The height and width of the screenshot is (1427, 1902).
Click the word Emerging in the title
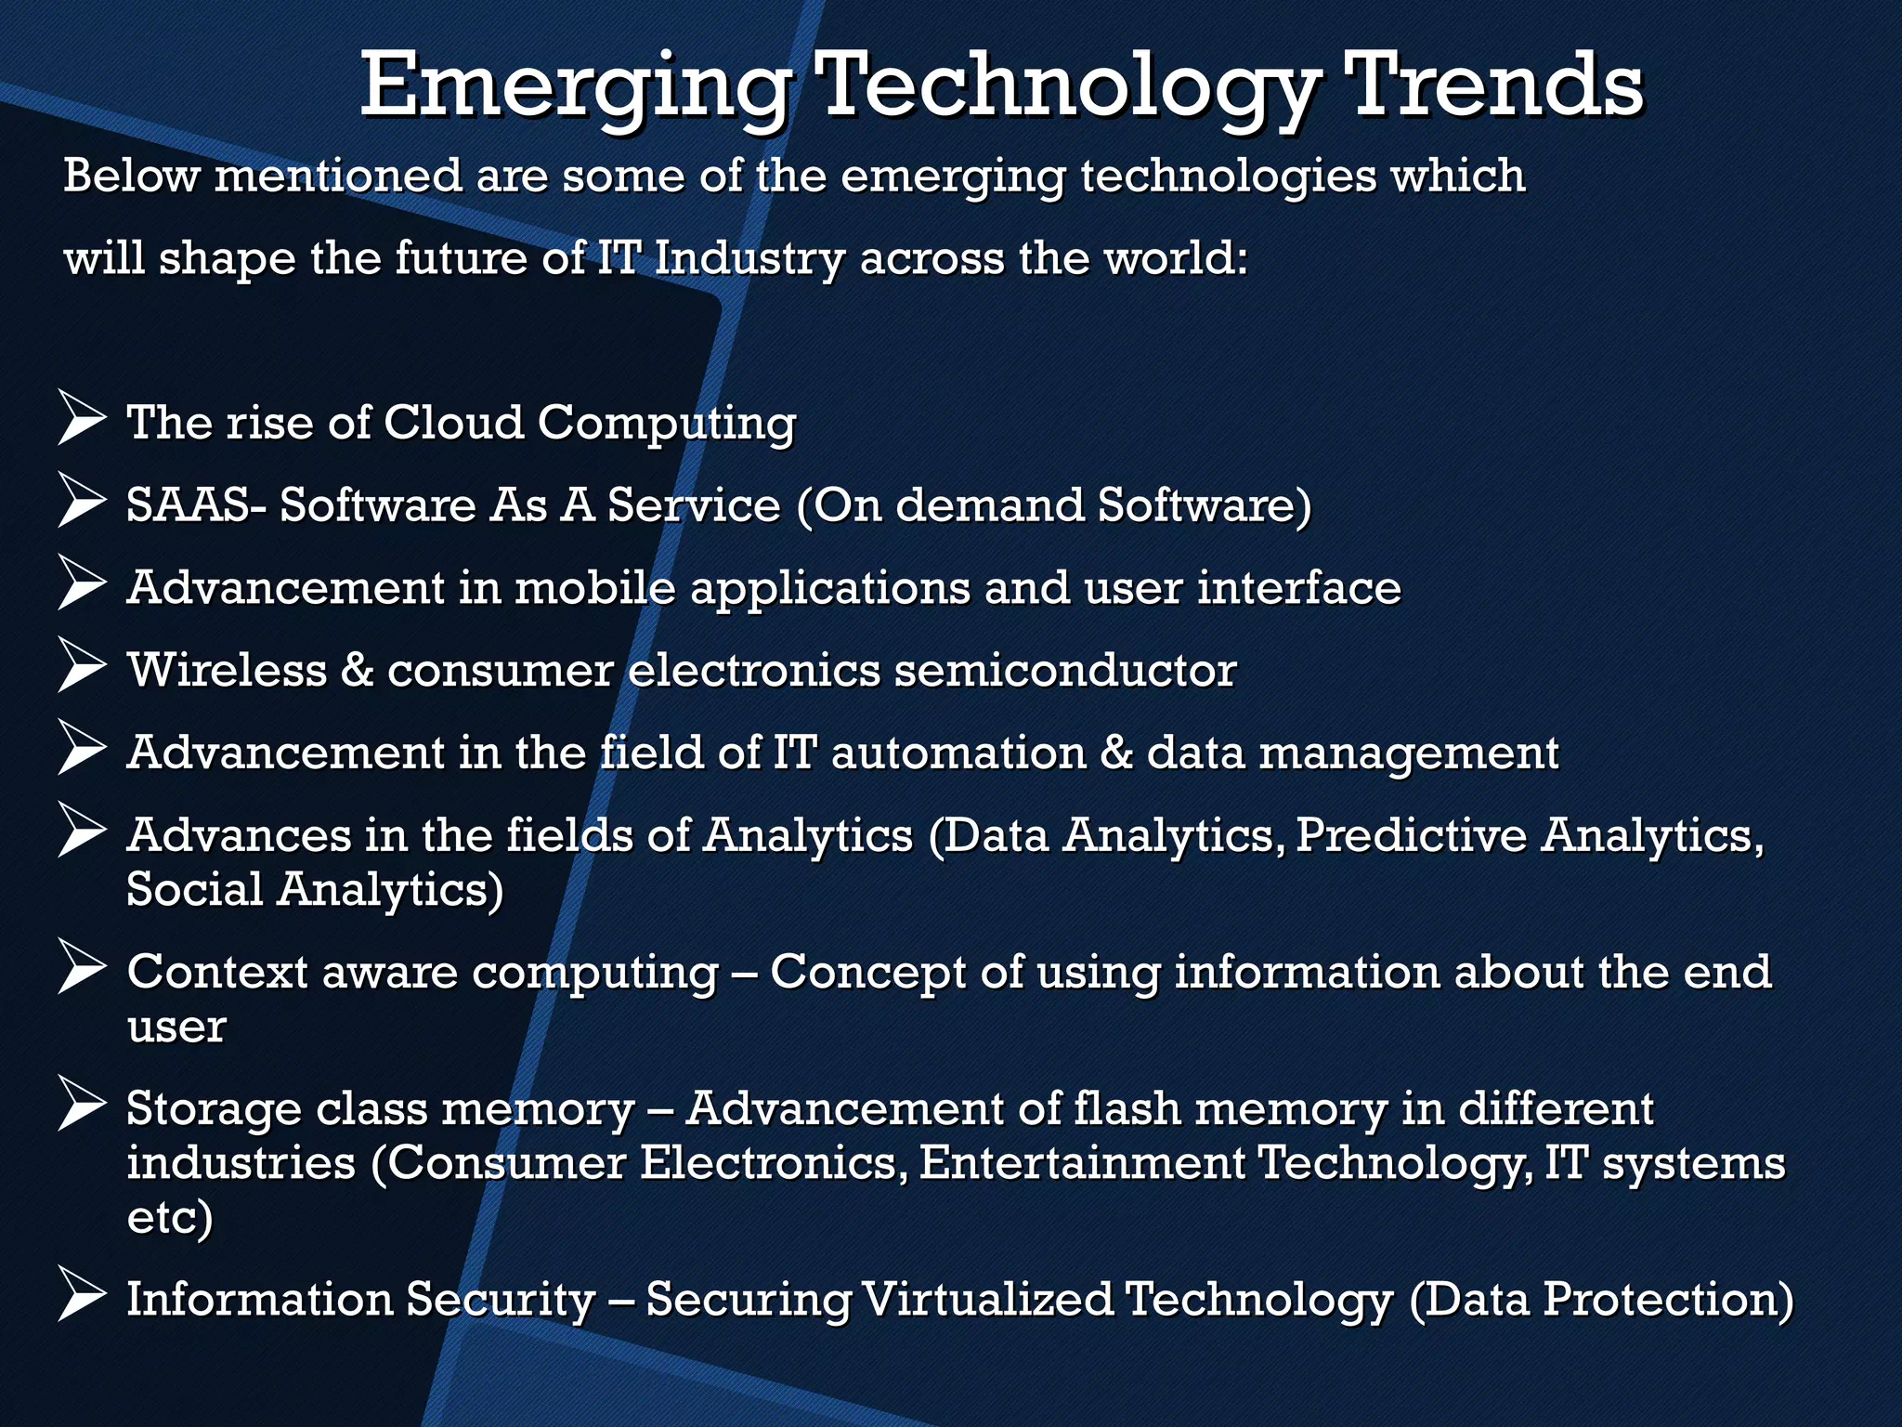point(576,88)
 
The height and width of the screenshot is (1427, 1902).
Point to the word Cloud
point(454,423)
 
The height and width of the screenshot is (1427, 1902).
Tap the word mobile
point(594,588)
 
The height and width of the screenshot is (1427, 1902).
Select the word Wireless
point(228,670)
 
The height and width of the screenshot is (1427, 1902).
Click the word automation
point(958,753)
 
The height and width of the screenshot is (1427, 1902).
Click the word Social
point(195,889)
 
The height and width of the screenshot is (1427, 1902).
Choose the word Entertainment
point(1083,1163)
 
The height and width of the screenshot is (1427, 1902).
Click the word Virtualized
point(987,1299)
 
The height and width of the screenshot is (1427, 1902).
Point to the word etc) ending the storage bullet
point(170,1218)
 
